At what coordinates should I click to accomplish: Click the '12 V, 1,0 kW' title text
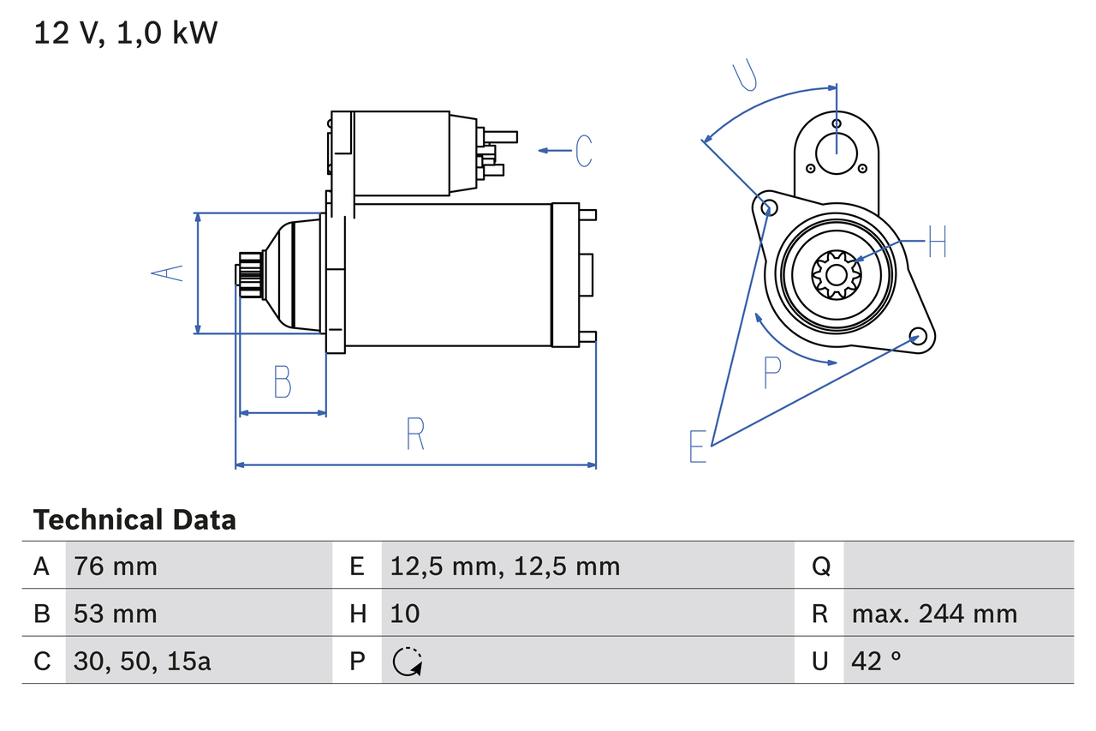(x=125, y=33)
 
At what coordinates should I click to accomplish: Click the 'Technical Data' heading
(x=134, y=519)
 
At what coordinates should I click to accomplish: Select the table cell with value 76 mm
(x=116, y=566)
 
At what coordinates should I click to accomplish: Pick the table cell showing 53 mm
(x=116, y=614)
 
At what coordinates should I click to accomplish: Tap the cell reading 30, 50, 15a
(x=142, y=661)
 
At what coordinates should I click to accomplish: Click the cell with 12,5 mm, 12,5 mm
(x=504, y=566)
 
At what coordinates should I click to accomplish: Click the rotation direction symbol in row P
(x=408, y=662)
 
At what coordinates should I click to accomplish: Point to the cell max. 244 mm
(x=934, y=614)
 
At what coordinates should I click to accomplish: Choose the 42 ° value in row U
(x=877, y=661)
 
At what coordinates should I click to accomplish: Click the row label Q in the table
(x=820, y=566)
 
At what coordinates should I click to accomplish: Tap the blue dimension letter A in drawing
(x=168, y=273)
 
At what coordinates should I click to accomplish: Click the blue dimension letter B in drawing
(x=283, y=382)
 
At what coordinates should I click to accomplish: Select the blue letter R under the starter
(x=415, y=434)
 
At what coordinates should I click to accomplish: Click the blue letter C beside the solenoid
(x=584, y=151)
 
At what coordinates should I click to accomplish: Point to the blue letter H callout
(x=938, y=243)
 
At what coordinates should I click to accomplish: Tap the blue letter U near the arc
(x=745, y=75)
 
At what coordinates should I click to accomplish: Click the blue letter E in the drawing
(x=699, y=446)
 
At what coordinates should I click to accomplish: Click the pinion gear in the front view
(x=836, y=274)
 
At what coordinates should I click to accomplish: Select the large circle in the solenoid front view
(x=836, y=153)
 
